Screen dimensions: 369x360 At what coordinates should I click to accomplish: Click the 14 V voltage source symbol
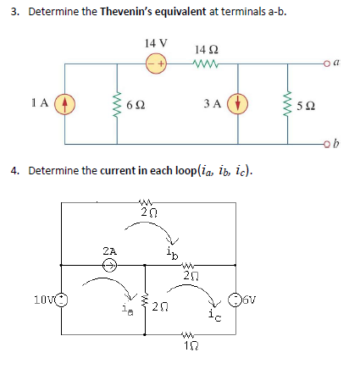pos(157,63)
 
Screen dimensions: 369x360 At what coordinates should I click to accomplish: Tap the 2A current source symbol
pos(110,265)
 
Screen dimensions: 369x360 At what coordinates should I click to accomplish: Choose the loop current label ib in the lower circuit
pos(169,251)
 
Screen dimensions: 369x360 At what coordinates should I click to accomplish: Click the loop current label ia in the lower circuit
pos(130,311)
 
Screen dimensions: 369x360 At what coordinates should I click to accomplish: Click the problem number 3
pos(14,14)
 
